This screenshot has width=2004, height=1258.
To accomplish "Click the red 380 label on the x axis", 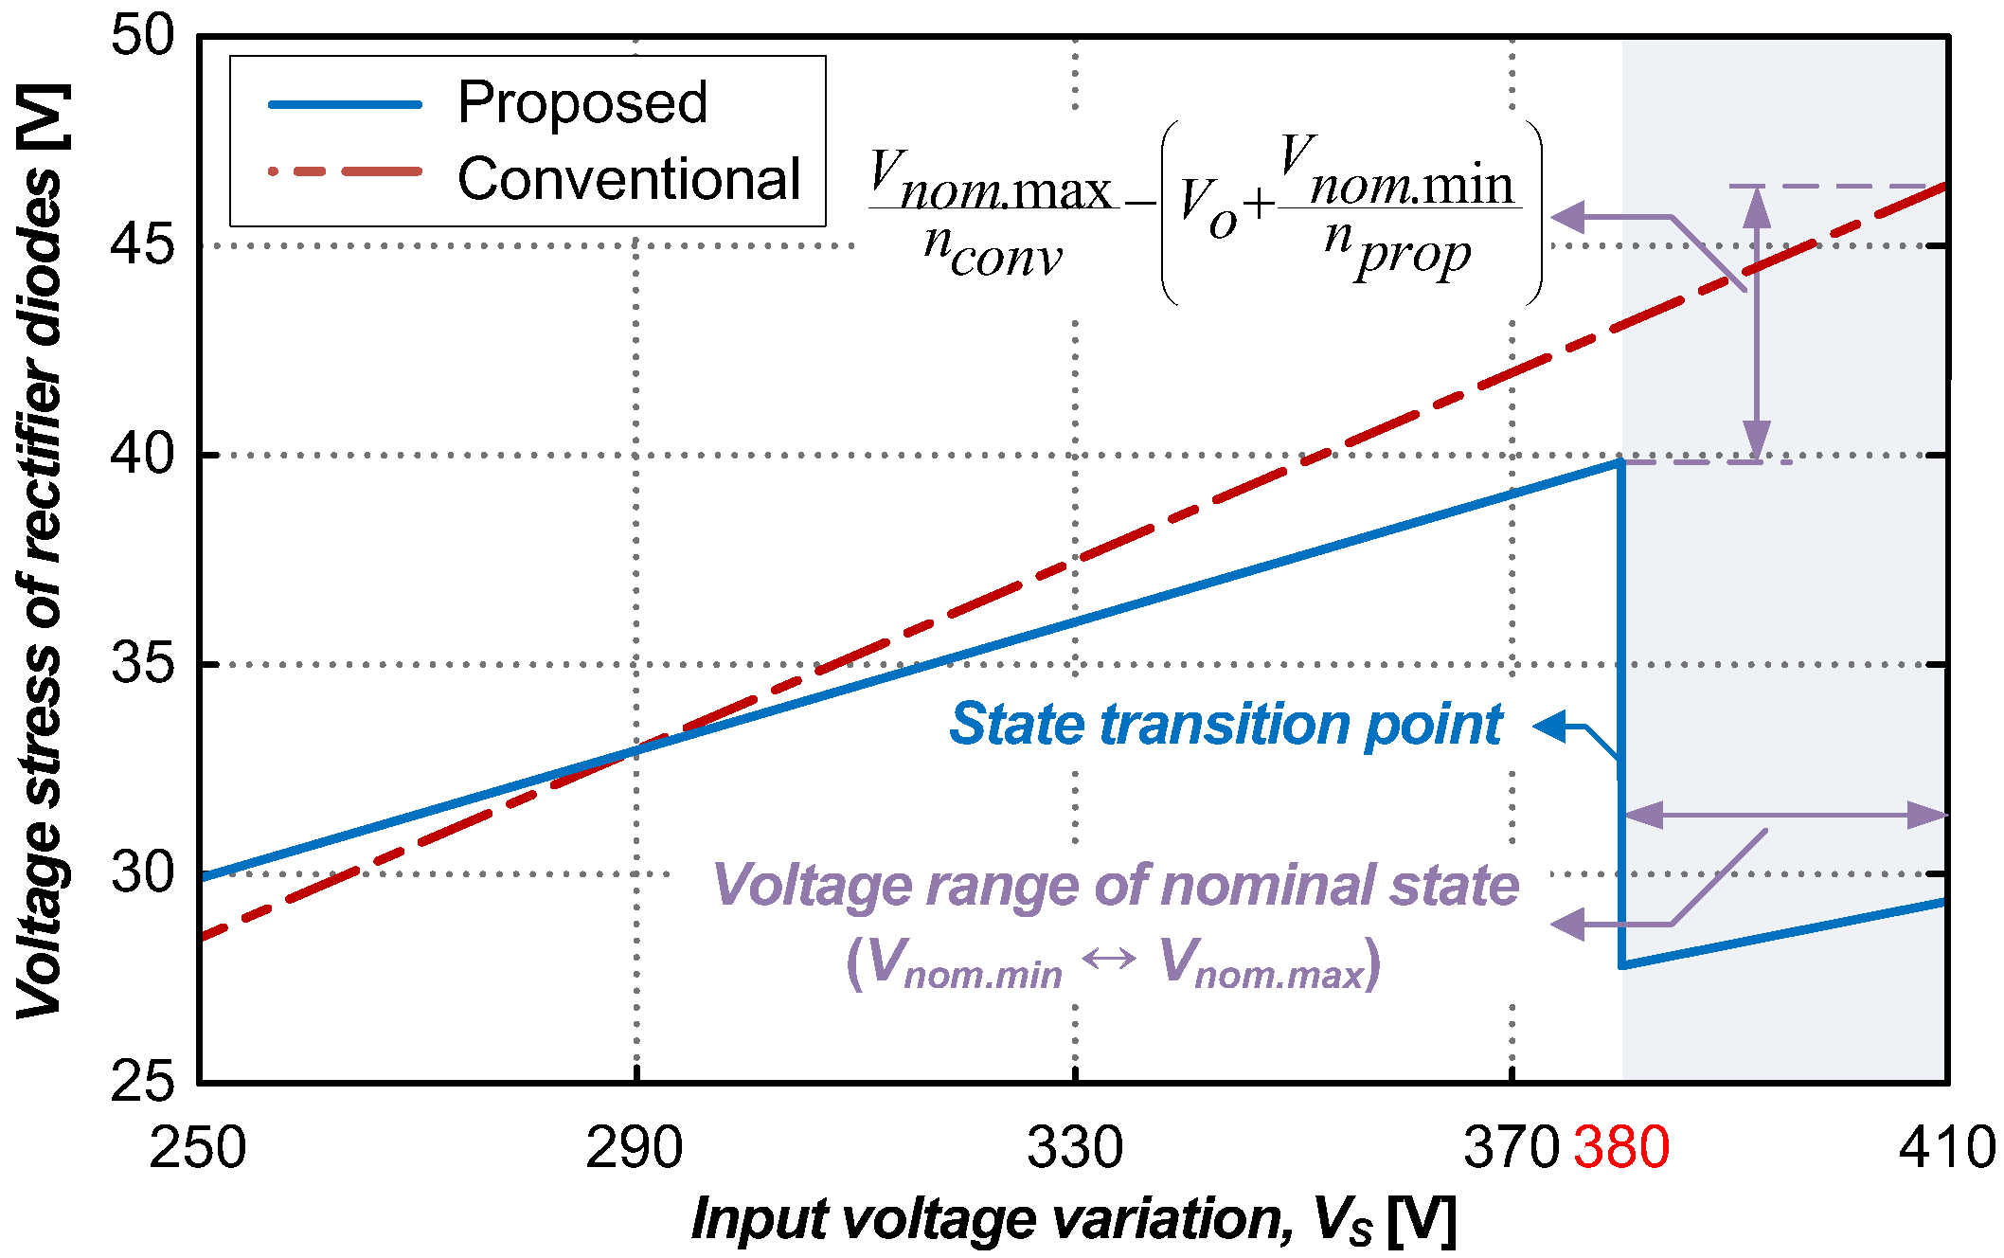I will click(1620, 1148).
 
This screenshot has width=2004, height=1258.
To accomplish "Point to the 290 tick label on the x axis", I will click(634, 1148).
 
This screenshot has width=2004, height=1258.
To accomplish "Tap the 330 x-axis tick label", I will click(1075, 1148).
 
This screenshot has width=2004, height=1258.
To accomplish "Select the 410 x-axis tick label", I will click(1946, 1148).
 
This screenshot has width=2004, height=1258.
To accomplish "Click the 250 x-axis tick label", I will click(198, 1148).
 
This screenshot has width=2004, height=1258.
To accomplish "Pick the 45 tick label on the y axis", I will click(143, 246).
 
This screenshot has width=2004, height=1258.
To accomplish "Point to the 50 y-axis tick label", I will click(143, 38).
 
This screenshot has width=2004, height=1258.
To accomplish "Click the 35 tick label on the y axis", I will click(143, 663).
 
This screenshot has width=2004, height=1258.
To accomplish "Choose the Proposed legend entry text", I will click(582, 102).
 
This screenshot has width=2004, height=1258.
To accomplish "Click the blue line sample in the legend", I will click(345, 104).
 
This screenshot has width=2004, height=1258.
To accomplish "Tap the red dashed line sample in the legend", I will click(345, 172).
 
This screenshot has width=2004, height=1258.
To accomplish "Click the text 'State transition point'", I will click(1226, 726).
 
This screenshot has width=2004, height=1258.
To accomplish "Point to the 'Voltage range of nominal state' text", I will click(1116, 886).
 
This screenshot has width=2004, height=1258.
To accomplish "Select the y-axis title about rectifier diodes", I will click(40, 549).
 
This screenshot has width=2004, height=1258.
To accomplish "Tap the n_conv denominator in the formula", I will click(993, 251).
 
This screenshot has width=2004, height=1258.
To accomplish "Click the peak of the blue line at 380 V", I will click(1620, 462).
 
